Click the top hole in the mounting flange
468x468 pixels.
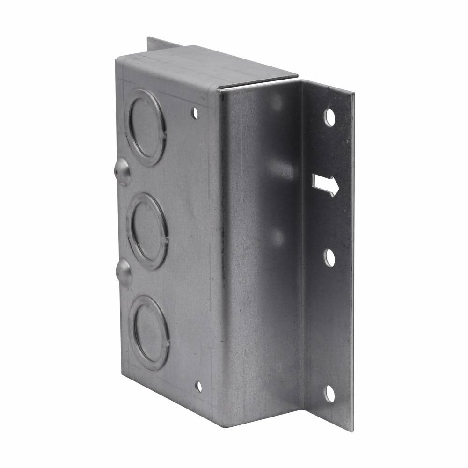(x=330, y=117)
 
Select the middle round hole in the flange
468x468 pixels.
(x=330, y=258)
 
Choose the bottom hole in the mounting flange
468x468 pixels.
(x=330, y=394)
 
